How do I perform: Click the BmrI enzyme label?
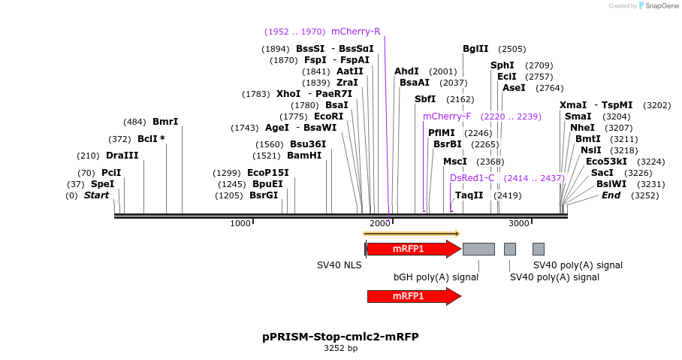[x=165, y=122]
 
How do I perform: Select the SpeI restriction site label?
[x=102, y=184]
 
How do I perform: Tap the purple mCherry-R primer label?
[x=355, y=32]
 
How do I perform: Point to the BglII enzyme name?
[x=475, y=49]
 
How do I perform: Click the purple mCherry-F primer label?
[x=447, y=116]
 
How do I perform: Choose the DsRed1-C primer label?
[x=472, y=178]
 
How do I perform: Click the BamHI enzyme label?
[x=304, y=156]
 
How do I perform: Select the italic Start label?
[x=96, y=195]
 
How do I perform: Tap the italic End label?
[x=611, y=195]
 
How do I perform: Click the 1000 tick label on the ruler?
[x=240, y=223]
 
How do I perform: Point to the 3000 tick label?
[x=519, y=223]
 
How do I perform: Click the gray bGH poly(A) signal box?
[x=478, y=249]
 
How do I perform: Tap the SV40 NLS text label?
[x=339, y=265]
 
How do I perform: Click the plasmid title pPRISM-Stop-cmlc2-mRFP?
[x=340, y=337]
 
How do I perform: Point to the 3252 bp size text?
[x=340, y=349]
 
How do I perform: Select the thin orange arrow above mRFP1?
[x=411, y=234]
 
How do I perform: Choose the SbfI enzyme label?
[x=425, y=99]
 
